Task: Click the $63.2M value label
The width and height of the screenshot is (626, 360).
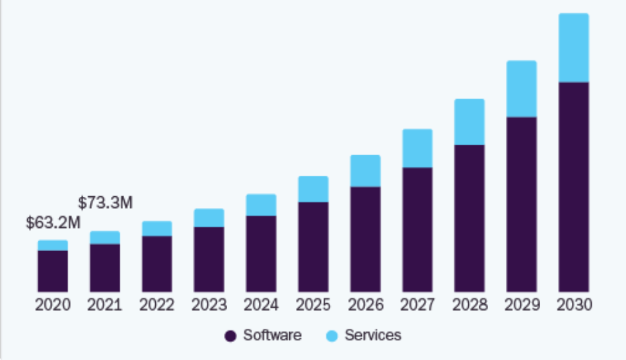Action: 53,223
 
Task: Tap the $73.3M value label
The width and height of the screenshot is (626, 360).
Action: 105,203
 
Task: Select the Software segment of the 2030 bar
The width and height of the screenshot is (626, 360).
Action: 573,187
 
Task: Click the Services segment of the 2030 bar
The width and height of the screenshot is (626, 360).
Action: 573,48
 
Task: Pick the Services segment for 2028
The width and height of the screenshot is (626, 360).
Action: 470,122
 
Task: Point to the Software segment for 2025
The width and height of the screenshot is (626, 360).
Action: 313,246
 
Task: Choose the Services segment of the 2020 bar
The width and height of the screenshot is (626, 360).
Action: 53,245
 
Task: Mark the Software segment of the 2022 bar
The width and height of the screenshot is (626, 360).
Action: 156,264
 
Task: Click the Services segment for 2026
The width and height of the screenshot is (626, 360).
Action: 365,171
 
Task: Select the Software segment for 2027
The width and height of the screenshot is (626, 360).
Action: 417,229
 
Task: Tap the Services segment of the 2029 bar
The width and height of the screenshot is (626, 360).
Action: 522,89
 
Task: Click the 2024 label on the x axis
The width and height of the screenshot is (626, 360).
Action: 261,305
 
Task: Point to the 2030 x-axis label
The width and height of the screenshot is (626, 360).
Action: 574,305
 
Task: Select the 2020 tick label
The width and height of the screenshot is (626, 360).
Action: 52,305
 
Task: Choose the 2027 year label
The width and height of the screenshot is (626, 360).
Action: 417,305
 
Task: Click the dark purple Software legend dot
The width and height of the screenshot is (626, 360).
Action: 230,336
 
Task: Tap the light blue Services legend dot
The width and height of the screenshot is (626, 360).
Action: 332,336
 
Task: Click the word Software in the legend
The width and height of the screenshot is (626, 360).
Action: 272,336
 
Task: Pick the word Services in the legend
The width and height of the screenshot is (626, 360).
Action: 372,336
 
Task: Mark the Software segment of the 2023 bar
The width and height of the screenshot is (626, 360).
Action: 209,259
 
